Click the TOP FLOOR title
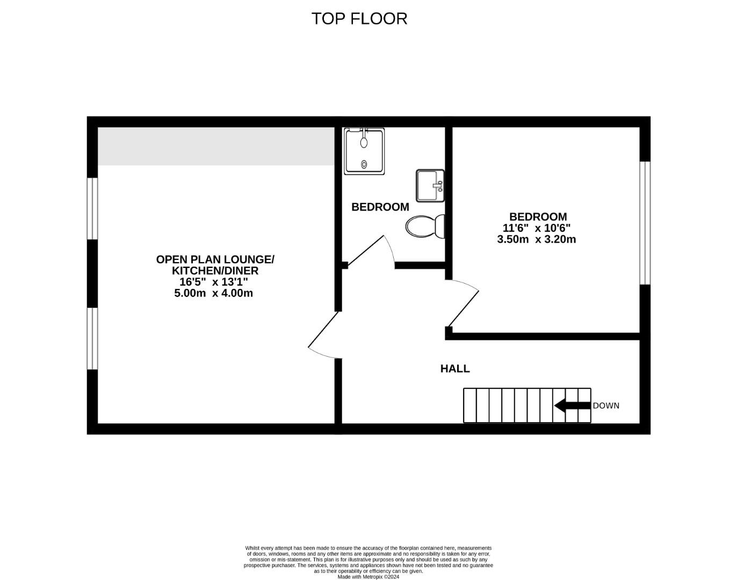point(359,18)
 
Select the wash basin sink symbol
point(430,186)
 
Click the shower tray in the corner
point(364,151)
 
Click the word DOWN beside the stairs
point(606,406)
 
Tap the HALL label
point(455,369)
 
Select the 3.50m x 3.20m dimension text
point(536,240)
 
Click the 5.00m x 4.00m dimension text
point(213,293)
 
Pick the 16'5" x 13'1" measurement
point(213,282)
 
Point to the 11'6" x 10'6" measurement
point(536,228)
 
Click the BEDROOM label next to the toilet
point(380,207)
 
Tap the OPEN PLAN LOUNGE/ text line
point(215,259)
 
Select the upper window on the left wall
point(92,208)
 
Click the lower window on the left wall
point(92,338)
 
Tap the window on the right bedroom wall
point(645,223)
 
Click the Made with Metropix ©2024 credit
point(368,577)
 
